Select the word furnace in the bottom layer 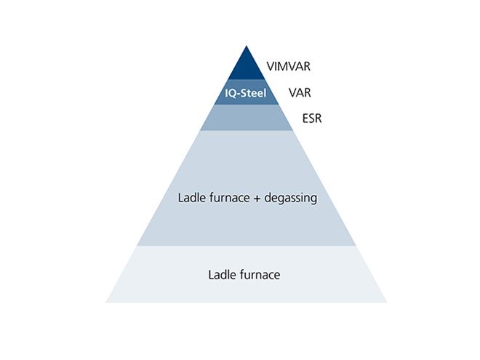259,276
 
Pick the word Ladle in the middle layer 191,197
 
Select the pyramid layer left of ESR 246,118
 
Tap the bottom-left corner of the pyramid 106,302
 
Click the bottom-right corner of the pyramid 385,302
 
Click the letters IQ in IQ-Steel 229,94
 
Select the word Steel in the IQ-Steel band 251,94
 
